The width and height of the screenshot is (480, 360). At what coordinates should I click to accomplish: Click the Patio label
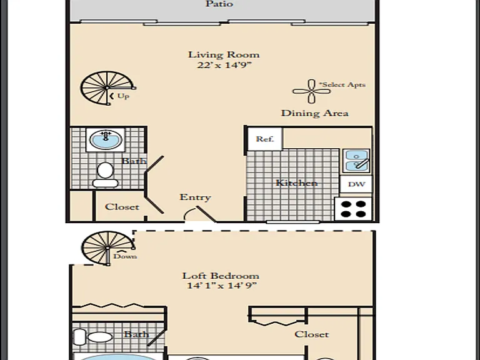(219, 4)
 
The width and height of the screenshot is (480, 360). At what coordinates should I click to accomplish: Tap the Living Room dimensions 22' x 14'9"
(224, 65)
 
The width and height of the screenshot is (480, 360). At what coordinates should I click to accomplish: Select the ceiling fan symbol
(311, 91)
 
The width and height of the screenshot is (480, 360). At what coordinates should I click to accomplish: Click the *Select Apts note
(342, 84)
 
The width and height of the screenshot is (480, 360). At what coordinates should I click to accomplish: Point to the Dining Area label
(315, 113)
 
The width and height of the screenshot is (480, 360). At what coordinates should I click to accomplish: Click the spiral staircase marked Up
(107, 88)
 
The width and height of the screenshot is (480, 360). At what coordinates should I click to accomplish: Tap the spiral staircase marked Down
(107, 247)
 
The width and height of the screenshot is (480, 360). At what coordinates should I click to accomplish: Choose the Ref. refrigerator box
(265, 139)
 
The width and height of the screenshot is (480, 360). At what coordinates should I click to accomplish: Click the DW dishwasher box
(356, 184)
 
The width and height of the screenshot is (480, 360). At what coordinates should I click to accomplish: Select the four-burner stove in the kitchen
(353, 209)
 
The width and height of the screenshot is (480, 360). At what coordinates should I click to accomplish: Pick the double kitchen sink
(356, 161)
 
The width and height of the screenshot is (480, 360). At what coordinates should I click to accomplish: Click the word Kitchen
(296, 183)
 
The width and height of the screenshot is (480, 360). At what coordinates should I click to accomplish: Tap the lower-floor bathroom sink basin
(106, 139)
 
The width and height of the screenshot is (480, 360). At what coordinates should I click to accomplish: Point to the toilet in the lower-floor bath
(105, 175)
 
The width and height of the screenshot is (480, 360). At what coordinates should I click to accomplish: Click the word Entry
(195, 197)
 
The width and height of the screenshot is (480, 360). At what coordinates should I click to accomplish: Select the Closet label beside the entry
(122, 207)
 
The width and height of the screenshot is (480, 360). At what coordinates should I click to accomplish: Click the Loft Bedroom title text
(221, 276)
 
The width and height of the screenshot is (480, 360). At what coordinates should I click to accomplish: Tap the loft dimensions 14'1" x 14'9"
(222, 286)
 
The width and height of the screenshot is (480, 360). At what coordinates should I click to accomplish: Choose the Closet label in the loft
(312, 334)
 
